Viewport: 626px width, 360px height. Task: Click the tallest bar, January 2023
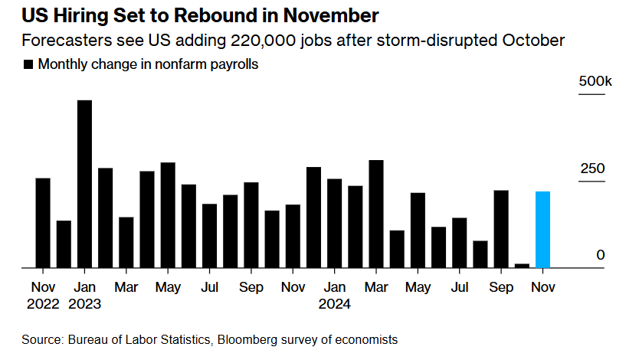click(84, 184)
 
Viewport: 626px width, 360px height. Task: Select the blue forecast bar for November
click(542, 229)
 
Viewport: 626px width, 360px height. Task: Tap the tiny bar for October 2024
click(522, 266)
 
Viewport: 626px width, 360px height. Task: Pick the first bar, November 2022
click(43, 223)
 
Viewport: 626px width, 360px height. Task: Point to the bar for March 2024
click(375, 214)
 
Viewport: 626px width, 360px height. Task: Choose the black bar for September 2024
click(501, 228)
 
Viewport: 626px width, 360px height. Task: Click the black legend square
click(28, 65)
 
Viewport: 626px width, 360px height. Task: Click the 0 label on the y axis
click(601, 255)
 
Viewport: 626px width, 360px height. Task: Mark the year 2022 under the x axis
click(43, 304)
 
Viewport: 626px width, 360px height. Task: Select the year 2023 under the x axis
click(84, 304)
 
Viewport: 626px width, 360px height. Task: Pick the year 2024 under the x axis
click(334, 304)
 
